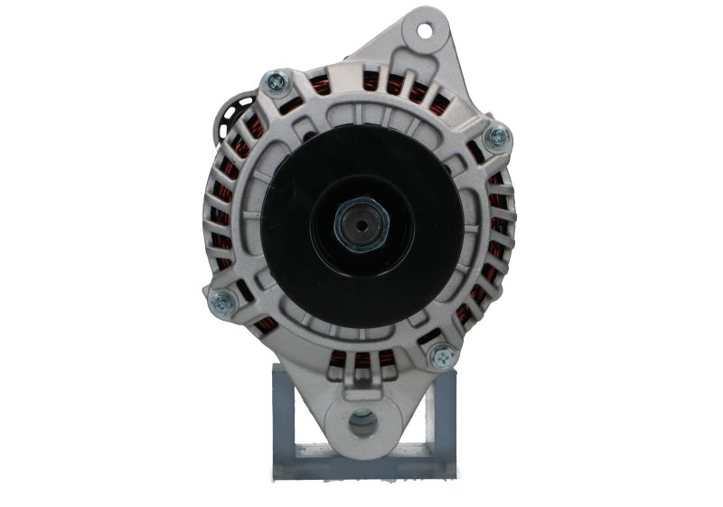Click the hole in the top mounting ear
(x=425, y=29)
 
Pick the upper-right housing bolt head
(x=496, y=137)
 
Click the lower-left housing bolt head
(x=221, y=302)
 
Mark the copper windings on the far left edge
(x=221, y=217)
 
